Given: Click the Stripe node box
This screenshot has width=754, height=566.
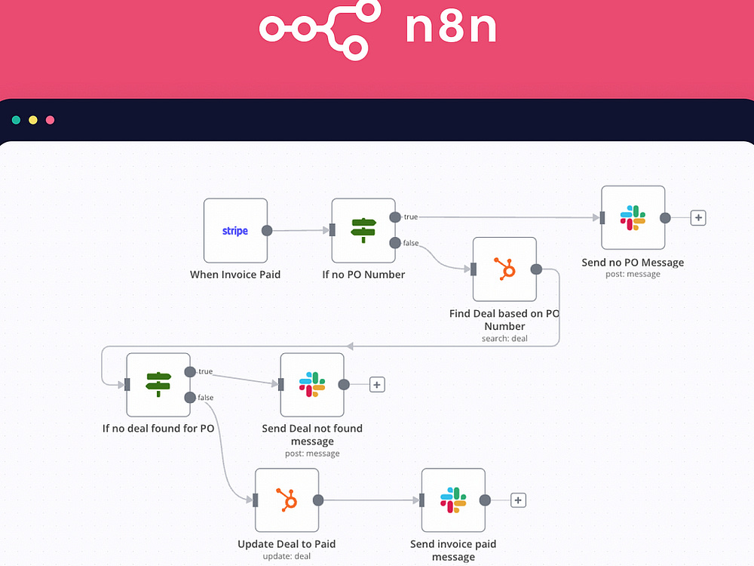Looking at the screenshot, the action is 235,230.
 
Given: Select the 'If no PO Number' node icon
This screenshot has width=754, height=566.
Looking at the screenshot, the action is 363,230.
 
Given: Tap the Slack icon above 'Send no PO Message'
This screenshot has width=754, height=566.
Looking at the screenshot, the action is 633,217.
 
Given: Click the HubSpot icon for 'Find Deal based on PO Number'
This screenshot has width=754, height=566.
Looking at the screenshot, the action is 505,269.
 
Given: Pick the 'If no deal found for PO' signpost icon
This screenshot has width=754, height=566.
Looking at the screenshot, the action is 158,384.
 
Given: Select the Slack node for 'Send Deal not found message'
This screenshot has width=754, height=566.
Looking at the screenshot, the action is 312,385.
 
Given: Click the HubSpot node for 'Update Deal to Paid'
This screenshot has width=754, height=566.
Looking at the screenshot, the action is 287,500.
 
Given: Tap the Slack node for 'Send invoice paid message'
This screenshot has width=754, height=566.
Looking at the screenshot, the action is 453,500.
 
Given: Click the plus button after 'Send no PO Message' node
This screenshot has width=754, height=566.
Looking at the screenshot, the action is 698,217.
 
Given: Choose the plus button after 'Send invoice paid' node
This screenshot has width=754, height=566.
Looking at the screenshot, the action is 518,500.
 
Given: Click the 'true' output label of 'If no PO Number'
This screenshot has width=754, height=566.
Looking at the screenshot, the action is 411,217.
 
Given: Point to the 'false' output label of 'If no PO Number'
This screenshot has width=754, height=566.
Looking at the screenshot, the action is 411,243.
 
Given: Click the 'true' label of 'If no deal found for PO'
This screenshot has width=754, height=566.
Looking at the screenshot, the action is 205,371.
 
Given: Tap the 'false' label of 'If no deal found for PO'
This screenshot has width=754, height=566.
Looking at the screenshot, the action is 205,397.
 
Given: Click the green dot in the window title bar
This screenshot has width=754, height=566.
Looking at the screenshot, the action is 16,120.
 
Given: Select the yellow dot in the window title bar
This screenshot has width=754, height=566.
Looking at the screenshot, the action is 33,120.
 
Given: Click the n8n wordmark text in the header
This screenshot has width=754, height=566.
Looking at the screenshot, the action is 451,27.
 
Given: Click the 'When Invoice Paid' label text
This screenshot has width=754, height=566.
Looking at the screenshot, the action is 235,275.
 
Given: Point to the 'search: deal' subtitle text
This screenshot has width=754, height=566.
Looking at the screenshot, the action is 504,338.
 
